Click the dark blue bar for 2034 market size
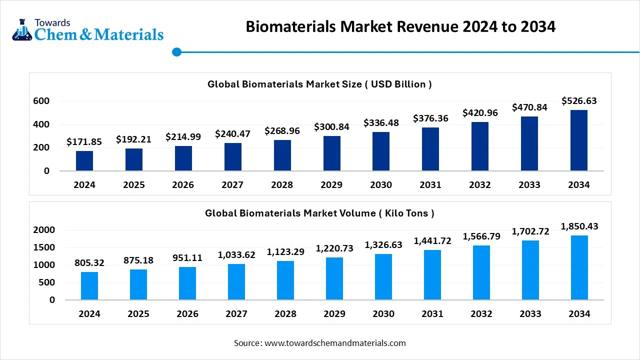tap(578, 140)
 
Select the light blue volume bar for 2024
tap(89, 286)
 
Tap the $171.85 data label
tap(84, 142)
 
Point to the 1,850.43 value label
tap(579, 226)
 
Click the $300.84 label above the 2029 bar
tap(331, 127)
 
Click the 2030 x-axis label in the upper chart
tap(381, 185)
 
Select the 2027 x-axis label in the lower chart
tap(236, 314)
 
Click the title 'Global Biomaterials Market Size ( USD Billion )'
tap(319, 84)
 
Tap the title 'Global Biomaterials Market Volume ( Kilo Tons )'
tap(319, 213)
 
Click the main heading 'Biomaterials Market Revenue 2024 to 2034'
tap(400, 26)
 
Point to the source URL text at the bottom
tap(319, 343)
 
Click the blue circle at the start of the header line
tap(176, 51)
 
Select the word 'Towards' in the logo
tap(52, 22)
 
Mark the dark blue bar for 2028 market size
tap(282, 155)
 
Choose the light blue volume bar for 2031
tap(432, 275)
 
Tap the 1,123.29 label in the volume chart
tap(285, 252)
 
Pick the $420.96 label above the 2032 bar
tap(480, 113)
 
